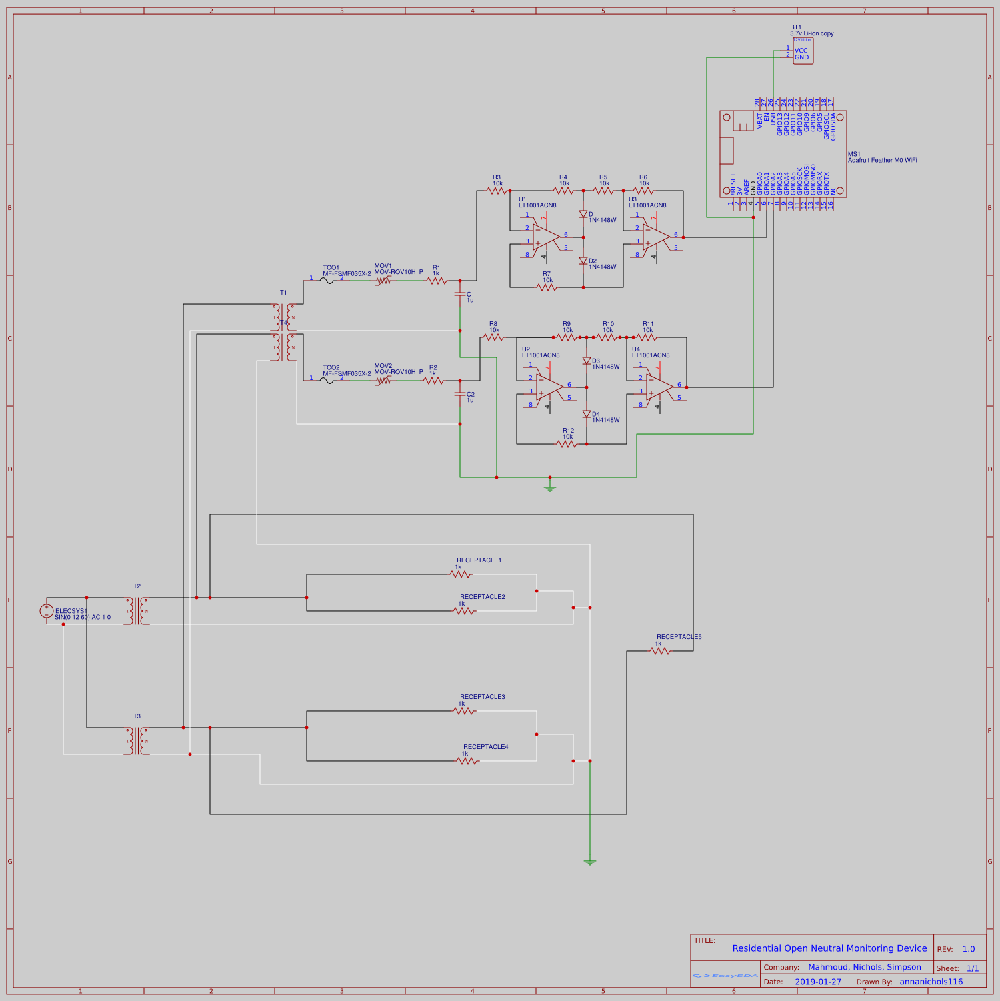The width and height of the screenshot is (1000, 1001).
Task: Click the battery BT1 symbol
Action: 803,51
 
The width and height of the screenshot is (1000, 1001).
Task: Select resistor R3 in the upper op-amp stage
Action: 497,191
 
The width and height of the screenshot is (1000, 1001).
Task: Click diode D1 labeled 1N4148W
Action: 583,215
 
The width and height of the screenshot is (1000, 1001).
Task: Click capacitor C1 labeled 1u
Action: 460,294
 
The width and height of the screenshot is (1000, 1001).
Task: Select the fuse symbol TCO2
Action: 327,381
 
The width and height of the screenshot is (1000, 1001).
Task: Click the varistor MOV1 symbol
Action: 383,281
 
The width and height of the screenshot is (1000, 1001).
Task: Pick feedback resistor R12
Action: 567,444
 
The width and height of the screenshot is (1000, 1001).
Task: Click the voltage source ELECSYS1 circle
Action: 47,611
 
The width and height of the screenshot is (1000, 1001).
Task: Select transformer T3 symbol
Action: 137,741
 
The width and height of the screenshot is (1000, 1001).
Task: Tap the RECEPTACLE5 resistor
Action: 660,651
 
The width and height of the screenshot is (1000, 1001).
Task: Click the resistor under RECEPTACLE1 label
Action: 461,574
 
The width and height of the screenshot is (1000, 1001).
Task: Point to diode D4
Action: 587,415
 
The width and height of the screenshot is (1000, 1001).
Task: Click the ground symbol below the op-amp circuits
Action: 550,489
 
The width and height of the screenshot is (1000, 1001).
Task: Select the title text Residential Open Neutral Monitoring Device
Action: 829,948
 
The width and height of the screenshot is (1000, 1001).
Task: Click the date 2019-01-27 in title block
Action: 818,982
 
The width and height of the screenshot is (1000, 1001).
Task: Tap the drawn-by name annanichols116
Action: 931,982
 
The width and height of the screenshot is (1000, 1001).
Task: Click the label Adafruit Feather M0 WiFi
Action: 882,161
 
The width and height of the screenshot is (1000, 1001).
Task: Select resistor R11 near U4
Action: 647,337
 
